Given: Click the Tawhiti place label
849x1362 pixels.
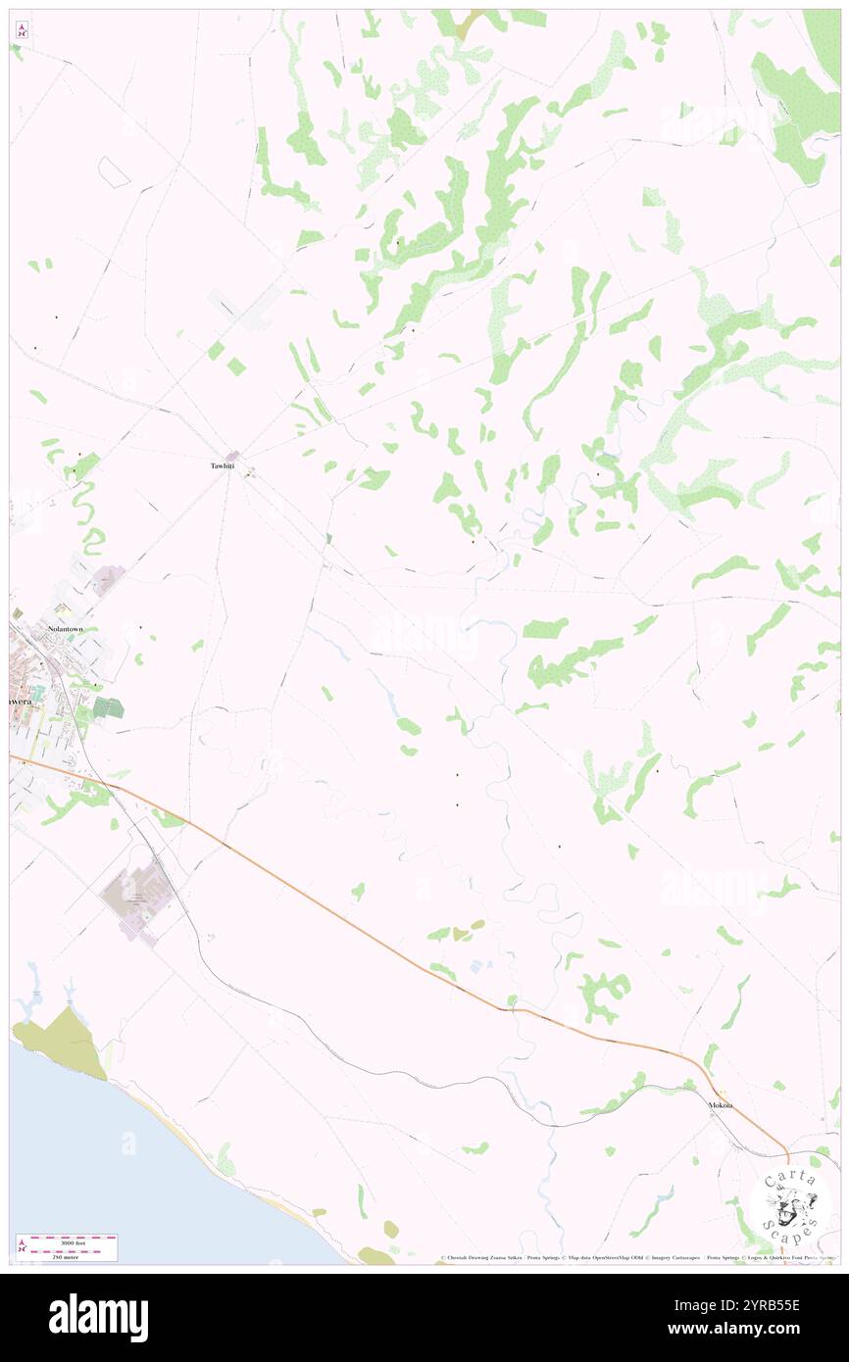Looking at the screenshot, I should coord(223,465).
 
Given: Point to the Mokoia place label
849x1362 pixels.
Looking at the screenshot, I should coord(721,1105).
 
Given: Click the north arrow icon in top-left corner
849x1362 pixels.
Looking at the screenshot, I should coord(22,29).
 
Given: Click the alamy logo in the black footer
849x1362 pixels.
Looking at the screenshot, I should coord(98,1317).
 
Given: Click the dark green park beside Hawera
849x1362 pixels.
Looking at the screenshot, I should coord(108,707).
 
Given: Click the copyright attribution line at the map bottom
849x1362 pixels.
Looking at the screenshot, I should coord(637,1258).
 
